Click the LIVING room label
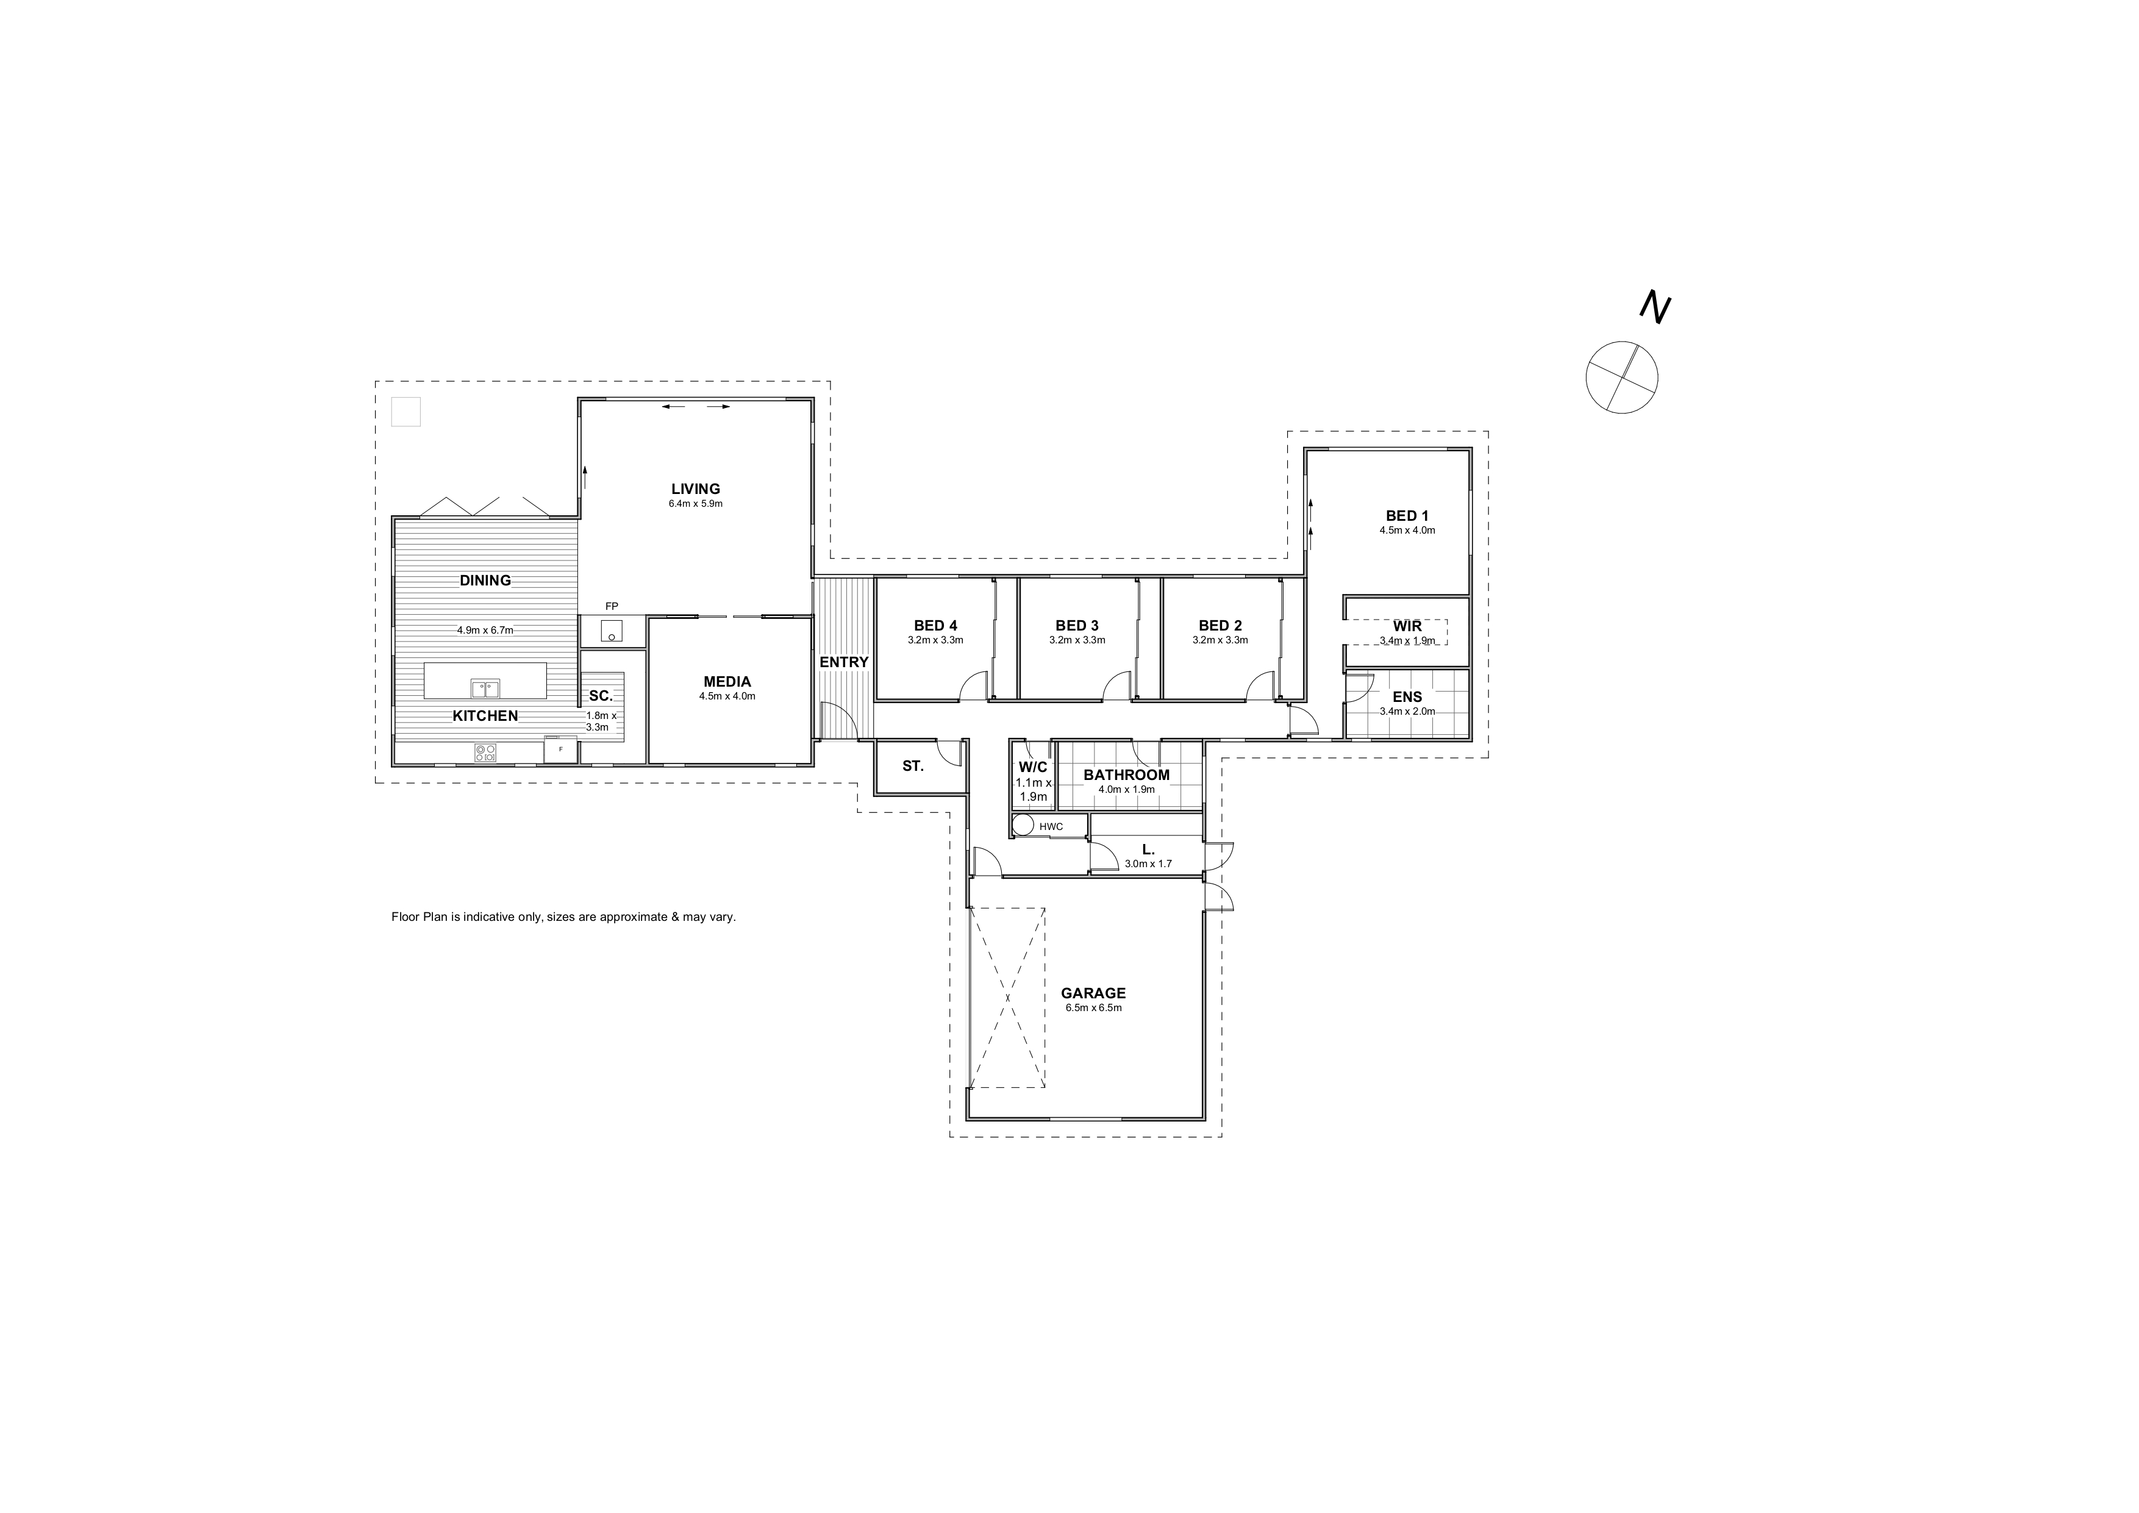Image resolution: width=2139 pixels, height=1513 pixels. click(695, 489)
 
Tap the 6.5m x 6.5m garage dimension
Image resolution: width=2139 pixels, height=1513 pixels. click(1092, 1008)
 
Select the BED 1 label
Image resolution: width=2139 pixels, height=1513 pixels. click(1407, 516)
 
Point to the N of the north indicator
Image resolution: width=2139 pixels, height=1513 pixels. click(1655, 307)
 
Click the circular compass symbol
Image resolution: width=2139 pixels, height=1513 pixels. click(1622, 377)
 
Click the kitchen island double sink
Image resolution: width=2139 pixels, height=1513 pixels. click(484, 689)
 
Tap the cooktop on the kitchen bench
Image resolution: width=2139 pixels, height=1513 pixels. click(484, 752)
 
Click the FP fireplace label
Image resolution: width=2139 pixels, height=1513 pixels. click(611, 607)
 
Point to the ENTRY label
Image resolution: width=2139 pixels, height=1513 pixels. click(843, 662)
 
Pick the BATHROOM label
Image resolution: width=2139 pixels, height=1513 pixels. click(1126, 775)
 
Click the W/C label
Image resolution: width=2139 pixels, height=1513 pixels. click(1033, 767)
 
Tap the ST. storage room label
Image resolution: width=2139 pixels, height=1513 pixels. click(913, 767)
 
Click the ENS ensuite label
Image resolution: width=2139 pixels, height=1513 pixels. click(1407, 697)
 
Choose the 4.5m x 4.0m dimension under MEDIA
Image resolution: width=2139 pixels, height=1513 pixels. click(727, 696)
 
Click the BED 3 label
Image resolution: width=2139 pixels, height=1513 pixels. click(1077, 626)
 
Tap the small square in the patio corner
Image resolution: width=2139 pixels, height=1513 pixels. click(406, 412)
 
